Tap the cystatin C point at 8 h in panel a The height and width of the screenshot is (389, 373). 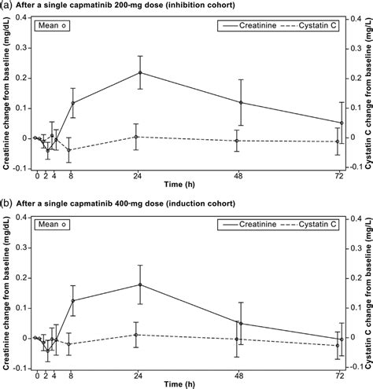[72, 149]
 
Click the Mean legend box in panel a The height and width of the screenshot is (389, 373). [53, 26]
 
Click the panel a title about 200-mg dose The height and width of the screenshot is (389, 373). [126, 6]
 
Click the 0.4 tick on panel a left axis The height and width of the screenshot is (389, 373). [22, 19]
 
